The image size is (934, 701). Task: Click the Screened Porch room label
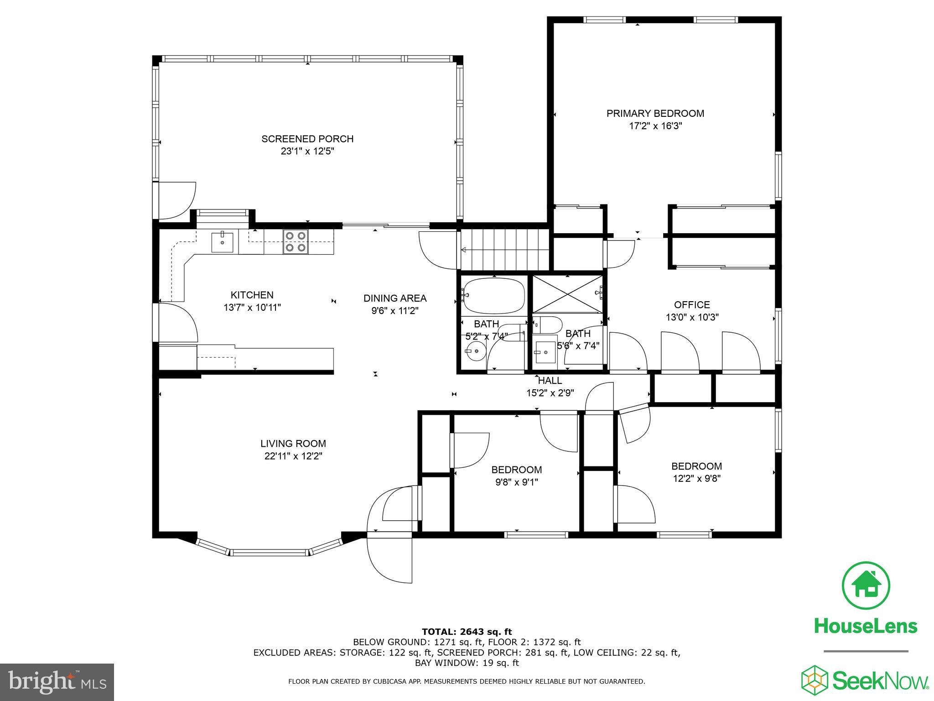coord(307,139)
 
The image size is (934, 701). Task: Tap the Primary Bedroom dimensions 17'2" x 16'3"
coord(655,126)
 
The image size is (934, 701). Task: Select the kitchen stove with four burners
coord(295,242)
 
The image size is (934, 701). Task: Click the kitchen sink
coord(222,242)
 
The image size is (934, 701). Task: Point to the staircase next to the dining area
coord(504,250)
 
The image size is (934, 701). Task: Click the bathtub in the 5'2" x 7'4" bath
coord(493,294)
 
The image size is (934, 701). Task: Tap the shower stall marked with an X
coord(567,294)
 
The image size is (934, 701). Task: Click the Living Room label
coord(293,443)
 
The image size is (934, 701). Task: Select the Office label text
coord(692,304)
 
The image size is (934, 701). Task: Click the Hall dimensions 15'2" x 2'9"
coord(550,392)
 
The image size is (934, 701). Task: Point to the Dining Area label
coord(395,298)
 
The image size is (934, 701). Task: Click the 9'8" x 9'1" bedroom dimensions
coord(517,482)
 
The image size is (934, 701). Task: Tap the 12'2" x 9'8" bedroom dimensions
coord(696,478)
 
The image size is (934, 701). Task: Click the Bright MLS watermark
coord(57,682)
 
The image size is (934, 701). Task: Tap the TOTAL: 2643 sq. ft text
coord(467,632)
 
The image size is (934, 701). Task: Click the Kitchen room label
coord(252,295)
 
